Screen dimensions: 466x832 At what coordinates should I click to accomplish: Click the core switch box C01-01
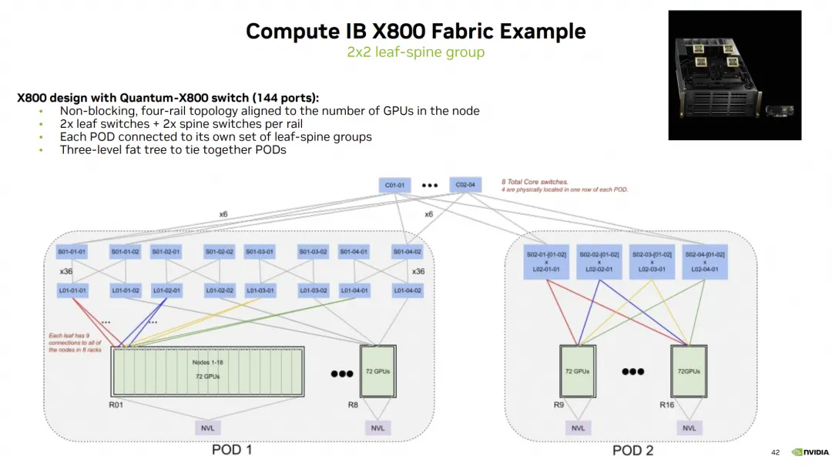click(x=394, y=186)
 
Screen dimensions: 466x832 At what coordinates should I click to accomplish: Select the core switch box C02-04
click(x=465, y=185)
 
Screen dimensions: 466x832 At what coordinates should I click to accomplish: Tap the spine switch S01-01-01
click(x=72, y=252)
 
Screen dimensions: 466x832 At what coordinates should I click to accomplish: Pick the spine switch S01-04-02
click(x=407, y=252)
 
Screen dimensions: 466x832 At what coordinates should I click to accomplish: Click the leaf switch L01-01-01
click(x=72, y=290)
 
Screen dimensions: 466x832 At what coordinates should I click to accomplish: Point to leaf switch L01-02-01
click(x=166, y=290)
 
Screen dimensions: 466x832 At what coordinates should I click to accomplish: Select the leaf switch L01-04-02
click(x=407, y=290)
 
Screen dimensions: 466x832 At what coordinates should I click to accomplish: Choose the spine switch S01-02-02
click(x=220, y=252)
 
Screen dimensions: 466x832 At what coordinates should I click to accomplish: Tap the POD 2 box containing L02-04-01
click(x=703, y=262)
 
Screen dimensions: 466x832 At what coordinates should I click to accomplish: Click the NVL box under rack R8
click(x=377, y=428)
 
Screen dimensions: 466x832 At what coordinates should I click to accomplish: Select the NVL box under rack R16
click(x=689, y=428)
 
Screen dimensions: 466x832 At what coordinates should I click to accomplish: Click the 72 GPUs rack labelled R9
click(x=577, y=370)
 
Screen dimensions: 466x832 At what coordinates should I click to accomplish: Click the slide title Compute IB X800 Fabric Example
click(x=415, y=32)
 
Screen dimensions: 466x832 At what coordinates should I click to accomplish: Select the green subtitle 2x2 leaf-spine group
click(x=415, y=52)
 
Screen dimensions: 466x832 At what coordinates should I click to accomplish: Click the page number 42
click(x=775, y=451)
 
